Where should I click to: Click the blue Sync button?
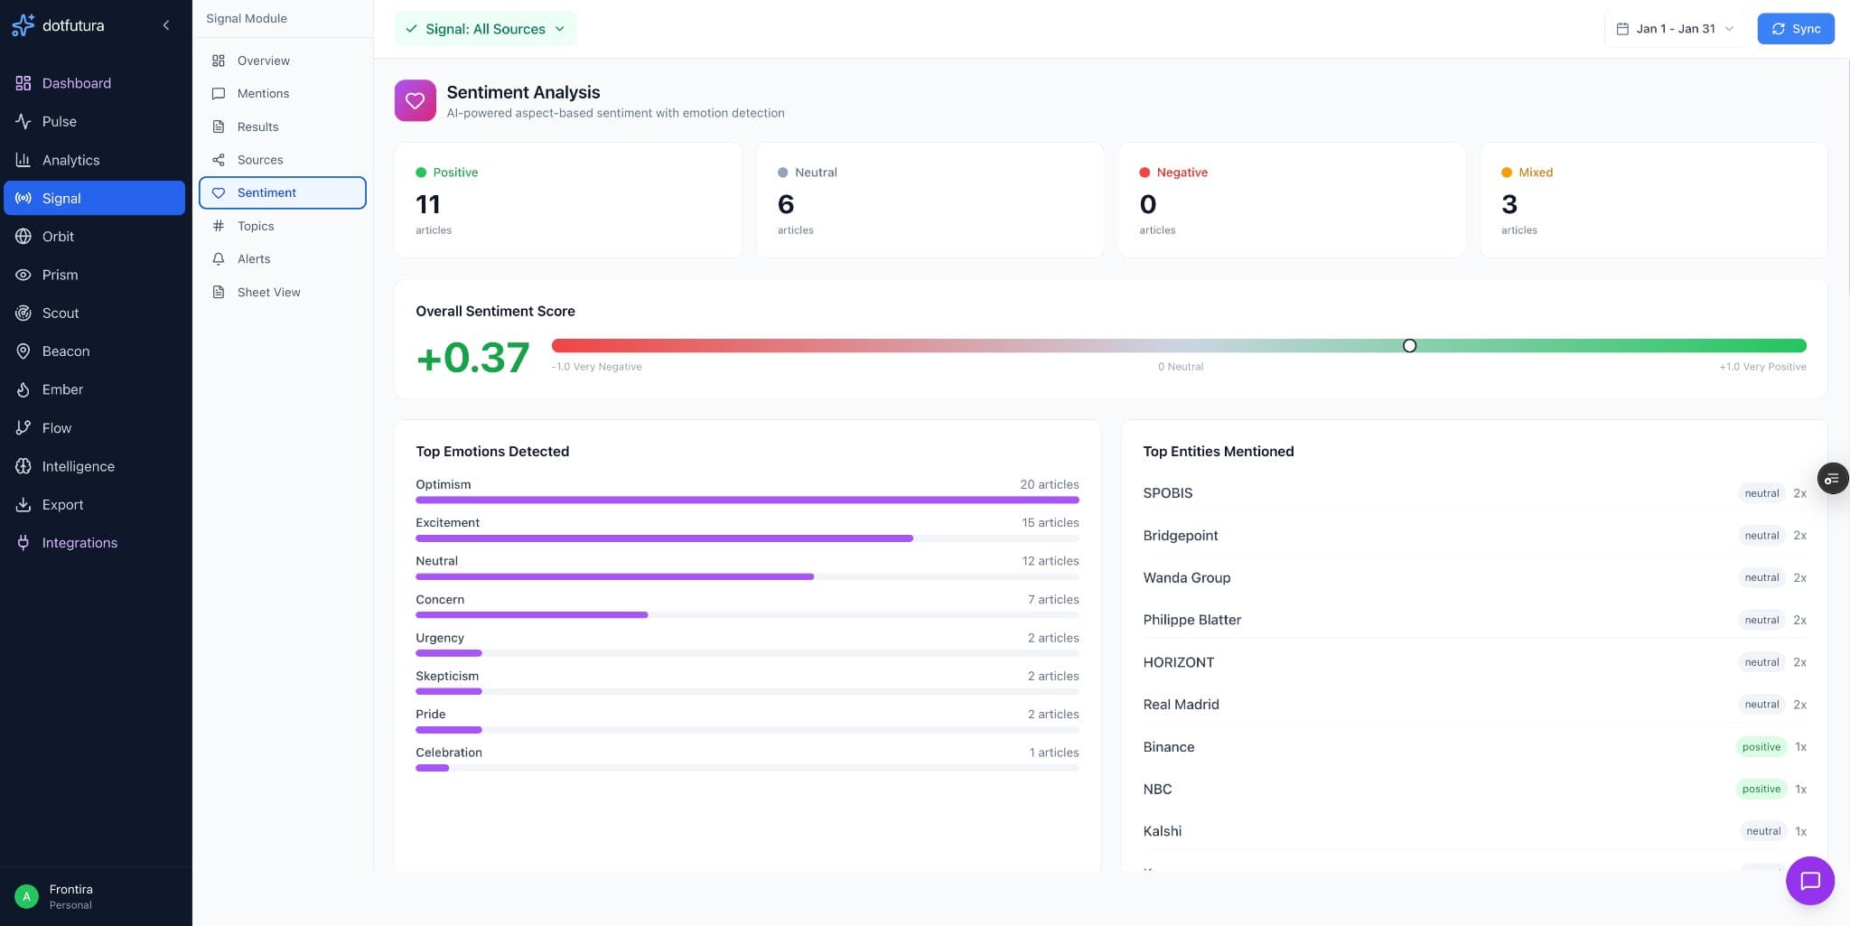pos(1795,29)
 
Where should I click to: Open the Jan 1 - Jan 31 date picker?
pos(1674,29)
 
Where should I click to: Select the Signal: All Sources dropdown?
pos(485,29)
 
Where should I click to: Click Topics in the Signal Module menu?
pos(256,226)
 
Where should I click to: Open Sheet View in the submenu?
pos(268,292)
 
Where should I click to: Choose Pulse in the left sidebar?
pos(59,121)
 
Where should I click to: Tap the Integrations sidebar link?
pos(79,543)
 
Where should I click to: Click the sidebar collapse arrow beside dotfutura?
pos(166,25)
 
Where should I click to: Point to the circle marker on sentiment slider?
pos(1409,346)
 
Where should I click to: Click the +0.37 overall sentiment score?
pos(472,358)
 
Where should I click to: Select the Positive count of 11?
pos(428,204)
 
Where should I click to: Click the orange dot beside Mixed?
pos(1507,173)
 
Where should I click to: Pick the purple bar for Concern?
pos(531,615)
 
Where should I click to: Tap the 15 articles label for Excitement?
pos(1050,523)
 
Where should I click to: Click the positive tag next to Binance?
pos(1761,747)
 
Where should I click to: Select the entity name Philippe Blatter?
pos(1191,620)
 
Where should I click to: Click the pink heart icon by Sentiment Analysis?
pos(416,101)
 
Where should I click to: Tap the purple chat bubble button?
pos(1809,881)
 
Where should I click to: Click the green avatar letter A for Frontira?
pos(26,896)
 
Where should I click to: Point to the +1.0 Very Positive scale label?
pos(1761,367)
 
